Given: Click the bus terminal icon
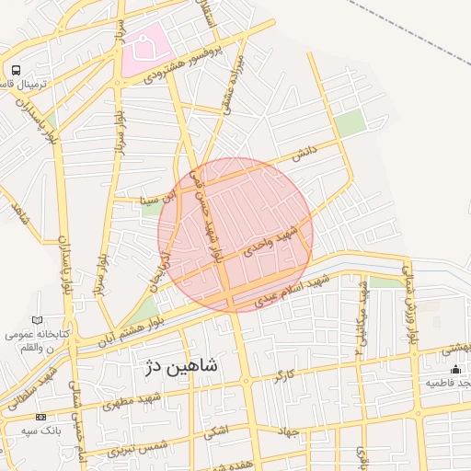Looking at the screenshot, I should pos(16,70).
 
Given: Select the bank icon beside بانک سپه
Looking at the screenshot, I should pos(40,417).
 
